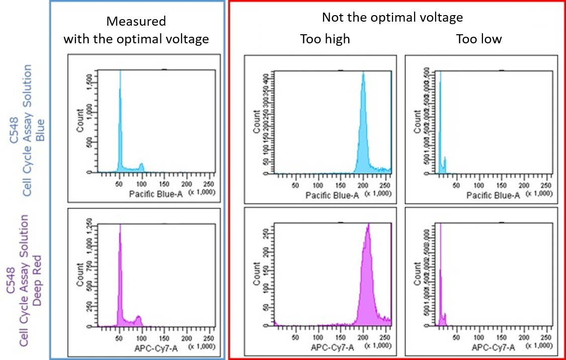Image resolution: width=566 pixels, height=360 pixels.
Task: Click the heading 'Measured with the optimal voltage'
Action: (136, 30)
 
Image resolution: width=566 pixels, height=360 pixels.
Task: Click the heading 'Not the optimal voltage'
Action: (392, 17)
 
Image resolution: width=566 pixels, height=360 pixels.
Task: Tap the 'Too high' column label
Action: (325, 39)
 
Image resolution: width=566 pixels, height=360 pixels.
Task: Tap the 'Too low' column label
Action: (478, 39)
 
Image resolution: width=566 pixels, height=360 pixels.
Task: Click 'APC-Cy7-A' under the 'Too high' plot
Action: (331, 347)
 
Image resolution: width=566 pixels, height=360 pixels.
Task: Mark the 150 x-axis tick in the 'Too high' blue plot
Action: (340, 184)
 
